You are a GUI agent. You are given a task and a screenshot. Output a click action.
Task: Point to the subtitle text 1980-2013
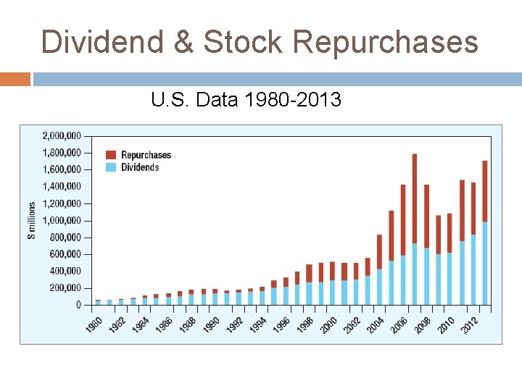tap(293, 99)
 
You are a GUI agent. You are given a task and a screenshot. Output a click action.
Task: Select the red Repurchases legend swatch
tap(111, 155)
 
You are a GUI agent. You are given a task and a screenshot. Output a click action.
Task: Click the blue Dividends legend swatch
tap(111, 167)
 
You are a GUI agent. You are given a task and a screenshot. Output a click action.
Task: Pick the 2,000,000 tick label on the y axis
tap(62, 135)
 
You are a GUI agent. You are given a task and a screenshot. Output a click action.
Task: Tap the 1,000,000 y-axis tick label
tap(62, 220)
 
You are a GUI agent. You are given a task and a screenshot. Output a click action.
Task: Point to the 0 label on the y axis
tap(78, 305)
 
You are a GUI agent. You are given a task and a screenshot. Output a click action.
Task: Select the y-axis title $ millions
tap(32, 220)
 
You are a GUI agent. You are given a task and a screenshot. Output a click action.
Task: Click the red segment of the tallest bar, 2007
tap(414, 198)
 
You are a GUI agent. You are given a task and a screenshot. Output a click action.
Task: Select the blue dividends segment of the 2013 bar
tap(485, 264)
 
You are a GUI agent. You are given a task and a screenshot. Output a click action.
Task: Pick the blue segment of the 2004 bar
tap(379, 287)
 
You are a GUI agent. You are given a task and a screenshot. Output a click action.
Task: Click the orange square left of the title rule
tap(14, 79)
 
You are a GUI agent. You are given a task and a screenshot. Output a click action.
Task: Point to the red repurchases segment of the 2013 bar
tap(485, 191)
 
